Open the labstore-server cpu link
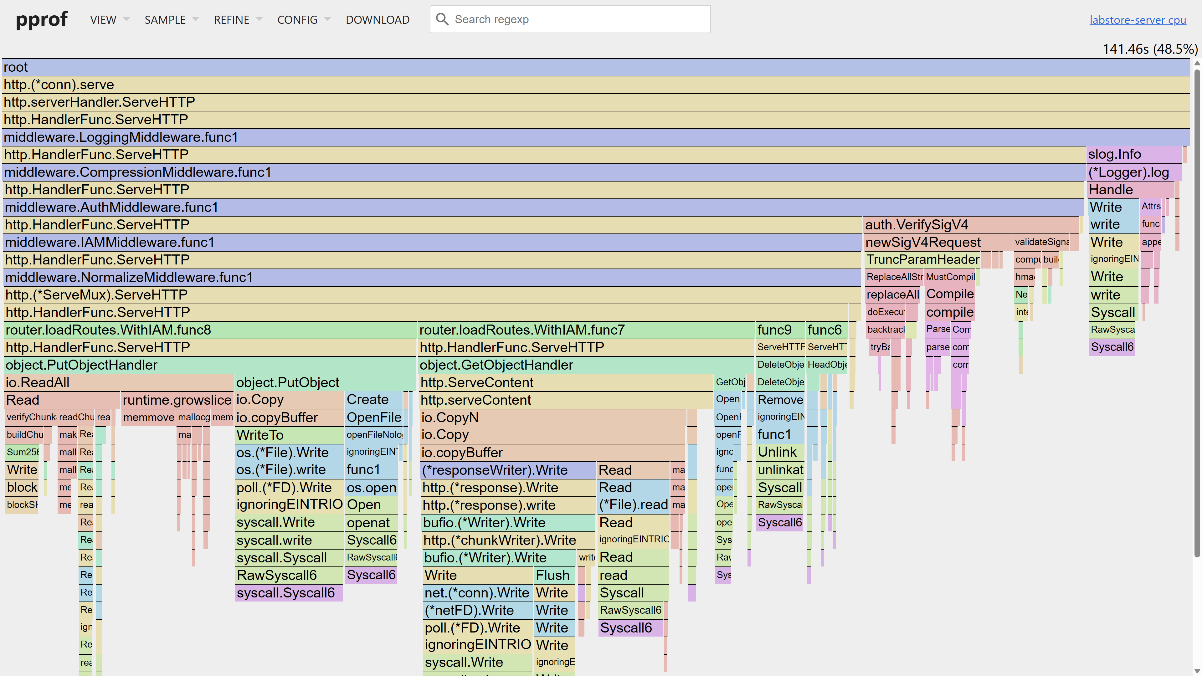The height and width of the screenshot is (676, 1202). click(x=1137, y=20)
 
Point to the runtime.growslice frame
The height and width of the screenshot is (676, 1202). click(x=177, y=400)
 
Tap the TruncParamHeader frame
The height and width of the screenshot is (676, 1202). click(x=922, y=260)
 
